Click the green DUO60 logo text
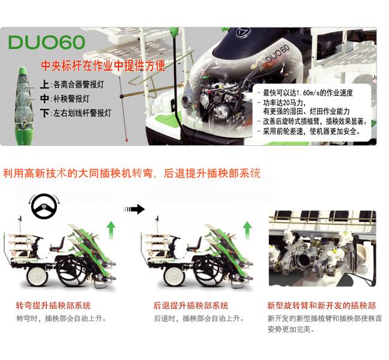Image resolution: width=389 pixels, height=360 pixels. (47, 42)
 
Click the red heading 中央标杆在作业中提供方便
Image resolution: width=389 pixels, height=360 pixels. (103, 65)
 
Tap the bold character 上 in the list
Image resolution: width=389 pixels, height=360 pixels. (45, 84)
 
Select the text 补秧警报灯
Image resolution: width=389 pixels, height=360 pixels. (71, 99)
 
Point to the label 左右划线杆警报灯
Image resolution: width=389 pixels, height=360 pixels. (83, 113)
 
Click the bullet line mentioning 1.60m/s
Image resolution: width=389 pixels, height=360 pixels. (305, 93)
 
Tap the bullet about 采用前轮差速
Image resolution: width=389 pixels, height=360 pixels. (309, 131)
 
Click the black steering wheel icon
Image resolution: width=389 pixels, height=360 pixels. (44, 206)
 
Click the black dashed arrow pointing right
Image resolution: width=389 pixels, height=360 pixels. (134, 209)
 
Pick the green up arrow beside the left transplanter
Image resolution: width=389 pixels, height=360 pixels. (111, 230)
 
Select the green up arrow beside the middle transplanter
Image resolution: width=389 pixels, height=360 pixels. (247, 230)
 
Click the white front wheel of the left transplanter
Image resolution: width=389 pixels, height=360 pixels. (37, 276)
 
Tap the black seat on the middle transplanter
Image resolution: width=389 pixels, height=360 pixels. (194, 244)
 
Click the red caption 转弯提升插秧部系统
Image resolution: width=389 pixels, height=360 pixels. (53, 306)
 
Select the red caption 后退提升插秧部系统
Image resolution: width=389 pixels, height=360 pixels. (191, 306)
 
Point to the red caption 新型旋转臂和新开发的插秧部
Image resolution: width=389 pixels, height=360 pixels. (321, 306)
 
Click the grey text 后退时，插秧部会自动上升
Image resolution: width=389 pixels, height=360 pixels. (199, 318)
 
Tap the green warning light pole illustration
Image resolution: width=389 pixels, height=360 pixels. (23, 106)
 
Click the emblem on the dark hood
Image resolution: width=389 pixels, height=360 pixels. (243, 32)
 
